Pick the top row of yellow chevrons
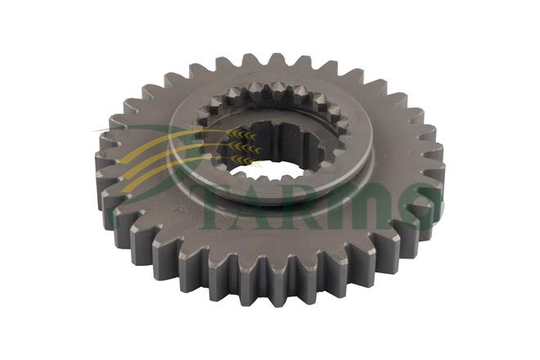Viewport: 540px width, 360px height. point(243,134)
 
